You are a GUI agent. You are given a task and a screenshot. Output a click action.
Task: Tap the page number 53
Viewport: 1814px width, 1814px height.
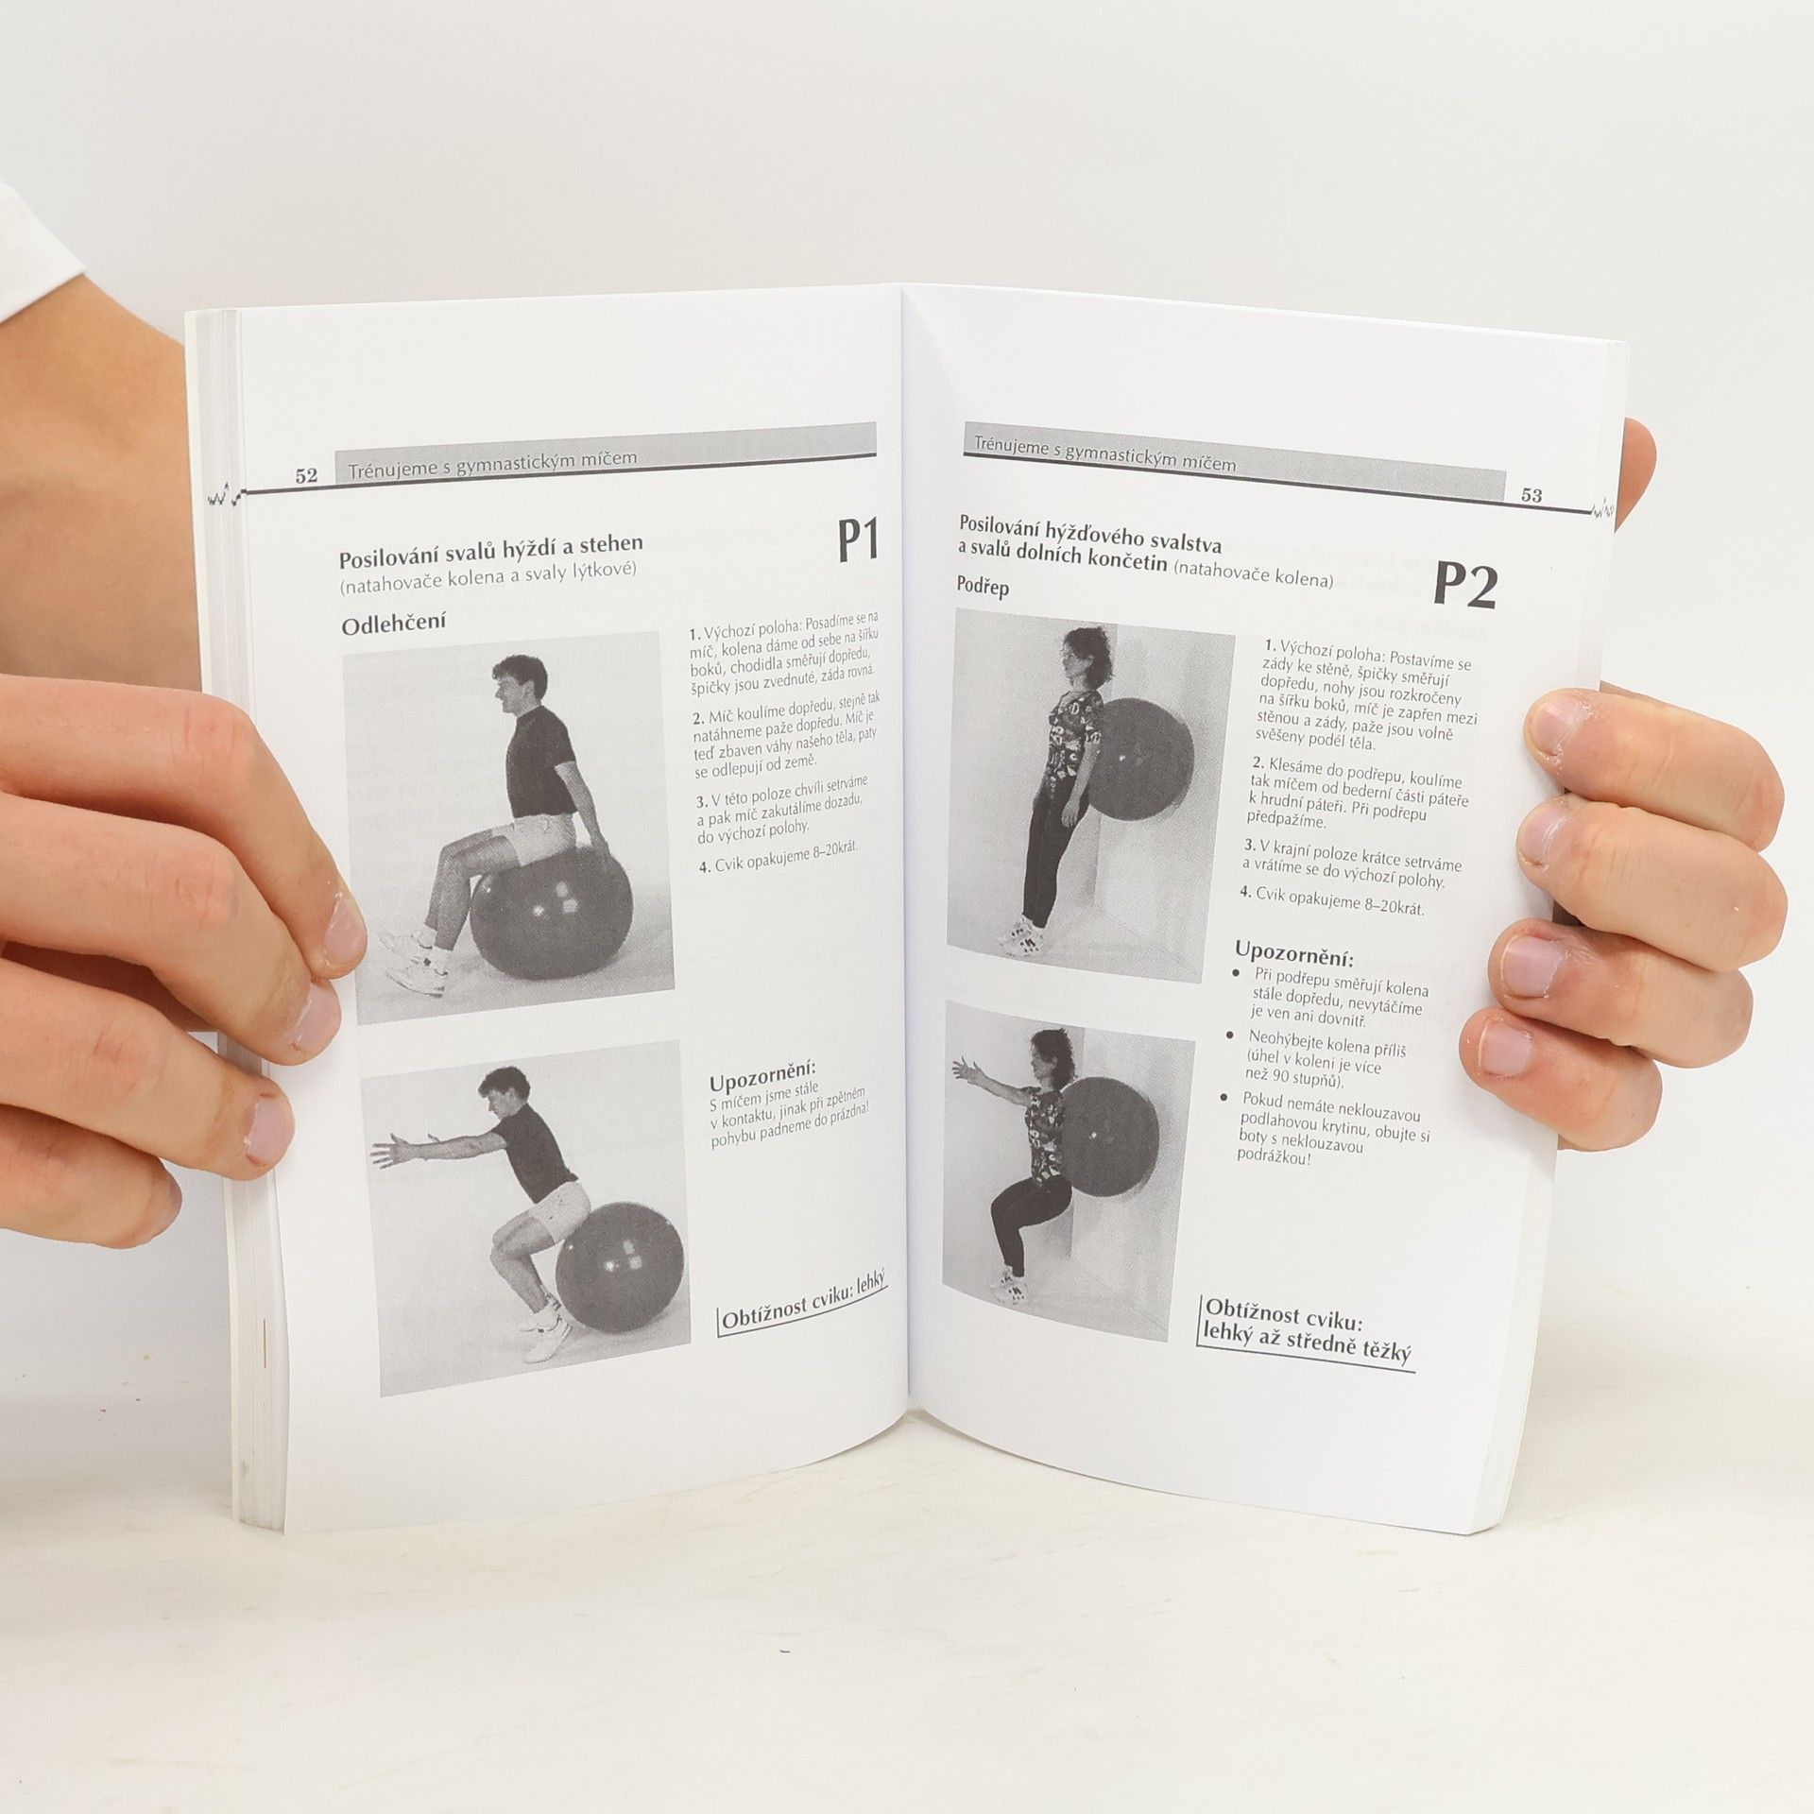click(x=1532, y=494)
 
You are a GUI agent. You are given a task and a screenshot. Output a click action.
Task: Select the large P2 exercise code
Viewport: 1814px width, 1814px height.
click(x=1464, y=585)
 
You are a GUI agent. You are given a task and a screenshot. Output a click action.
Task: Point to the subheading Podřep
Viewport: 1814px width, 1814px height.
click(x=984, y=587)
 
